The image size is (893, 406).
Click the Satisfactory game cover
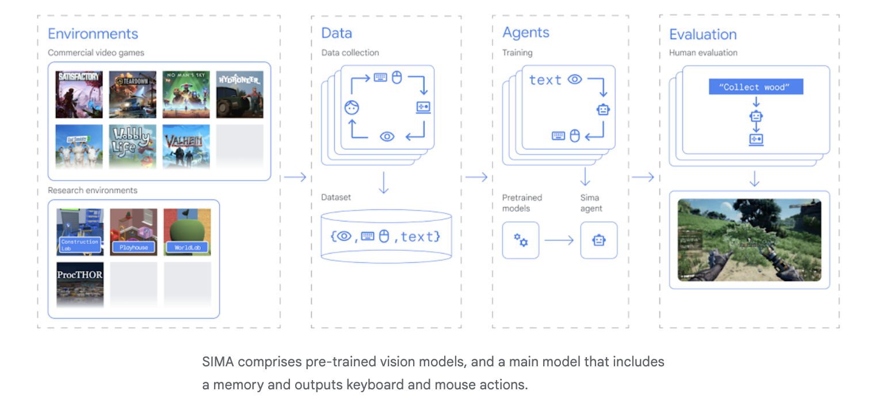[x=79, y=94]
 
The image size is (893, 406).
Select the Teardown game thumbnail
[x=132, y=94]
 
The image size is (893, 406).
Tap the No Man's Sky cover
[x=186, y=94]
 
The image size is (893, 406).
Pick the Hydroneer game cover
[x=239, y=94]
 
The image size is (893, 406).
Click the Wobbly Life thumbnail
[x=132, y=146]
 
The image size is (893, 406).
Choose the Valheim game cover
[x=186, y=146]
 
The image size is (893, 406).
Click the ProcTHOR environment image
[x=80, y=284]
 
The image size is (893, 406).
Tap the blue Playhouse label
[x=133, y=247]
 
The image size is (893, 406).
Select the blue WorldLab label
[x=187, y=248]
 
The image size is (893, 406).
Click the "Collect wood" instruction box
[x=755, y=87]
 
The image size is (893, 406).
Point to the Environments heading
[x=93, y=34]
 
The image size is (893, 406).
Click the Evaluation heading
[x=703, y=35]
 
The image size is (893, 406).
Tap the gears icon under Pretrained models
[x=521, y=240]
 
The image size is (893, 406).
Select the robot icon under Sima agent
[x=598, y=240]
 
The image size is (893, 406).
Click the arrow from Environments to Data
[x=295, y=177]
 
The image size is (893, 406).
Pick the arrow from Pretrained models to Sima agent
[x=559, y=240]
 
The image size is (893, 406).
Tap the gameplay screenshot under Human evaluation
[x=749, y=239]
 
